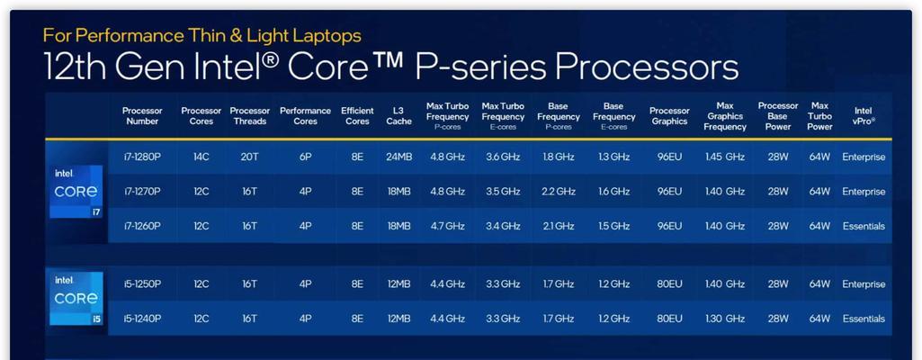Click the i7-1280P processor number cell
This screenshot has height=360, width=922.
click(x=142, y=157)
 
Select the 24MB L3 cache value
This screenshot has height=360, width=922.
click(x=398, y=157)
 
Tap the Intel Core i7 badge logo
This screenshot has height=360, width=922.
click(x=76, y=191)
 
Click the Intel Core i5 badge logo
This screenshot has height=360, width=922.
click(x=76, y=298)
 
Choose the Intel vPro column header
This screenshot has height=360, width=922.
click(x=864, y=116)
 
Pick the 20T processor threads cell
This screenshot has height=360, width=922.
click(x=249, y=157)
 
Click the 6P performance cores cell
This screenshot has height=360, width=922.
click(x=305, y=157)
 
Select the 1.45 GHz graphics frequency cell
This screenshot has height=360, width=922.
click(x=725, y=157)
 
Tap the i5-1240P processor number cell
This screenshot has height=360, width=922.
click(x=142, y=319)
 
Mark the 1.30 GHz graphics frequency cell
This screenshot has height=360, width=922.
click(x=725, y=319)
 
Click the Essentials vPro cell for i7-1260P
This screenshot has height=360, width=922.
click(x=864, y=226)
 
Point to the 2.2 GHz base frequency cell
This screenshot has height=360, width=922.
click(x=558, y=191)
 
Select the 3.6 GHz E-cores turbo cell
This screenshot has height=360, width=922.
click(x=503, y=157)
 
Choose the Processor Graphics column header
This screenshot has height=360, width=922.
click(x=669, y=116)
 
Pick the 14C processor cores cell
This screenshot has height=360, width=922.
click(x=201, y=157)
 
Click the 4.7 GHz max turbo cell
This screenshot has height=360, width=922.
click(x=447, y=226)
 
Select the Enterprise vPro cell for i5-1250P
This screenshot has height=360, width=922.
click(x=864, y=284)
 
